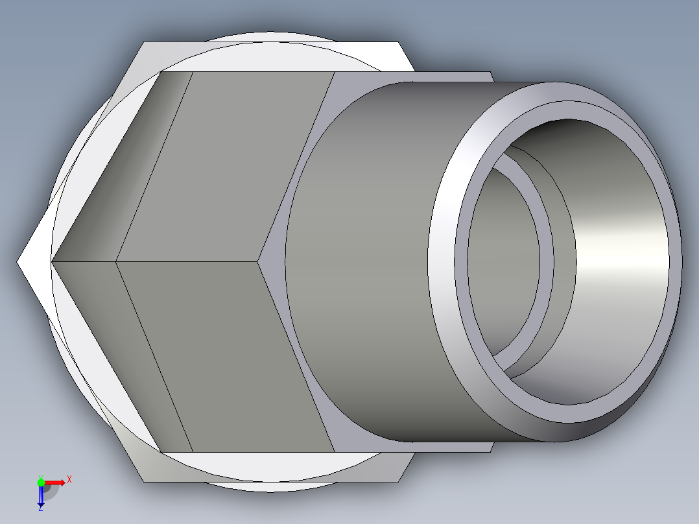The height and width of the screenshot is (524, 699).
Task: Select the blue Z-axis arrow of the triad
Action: click(x=41, y=497)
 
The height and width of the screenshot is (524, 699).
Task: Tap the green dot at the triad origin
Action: click(x=41, y=482)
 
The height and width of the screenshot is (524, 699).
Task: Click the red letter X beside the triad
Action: click(x=69, y=480)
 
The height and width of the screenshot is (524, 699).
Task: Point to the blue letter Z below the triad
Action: click(x=40, y=509)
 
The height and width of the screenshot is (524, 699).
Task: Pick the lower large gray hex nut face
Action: click(x=220, y=357)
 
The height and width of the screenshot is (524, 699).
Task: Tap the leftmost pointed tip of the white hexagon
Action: click(x=19, y=262)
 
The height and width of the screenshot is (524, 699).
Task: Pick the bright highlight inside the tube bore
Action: click(x=622, y=259)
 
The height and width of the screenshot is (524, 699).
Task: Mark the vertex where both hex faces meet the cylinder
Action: click(x=259, y=262)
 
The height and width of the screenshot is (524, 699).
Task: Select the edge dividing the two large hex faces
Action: click(x=188, y=262)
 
